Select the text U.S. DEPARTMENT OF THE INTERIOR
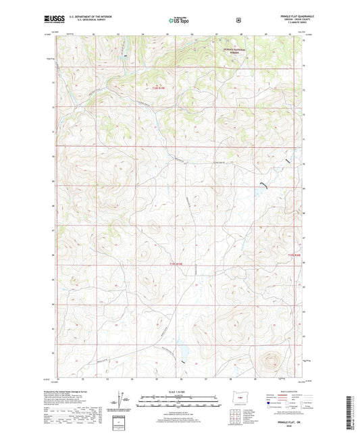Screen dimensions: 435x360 tap(86, 16)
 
